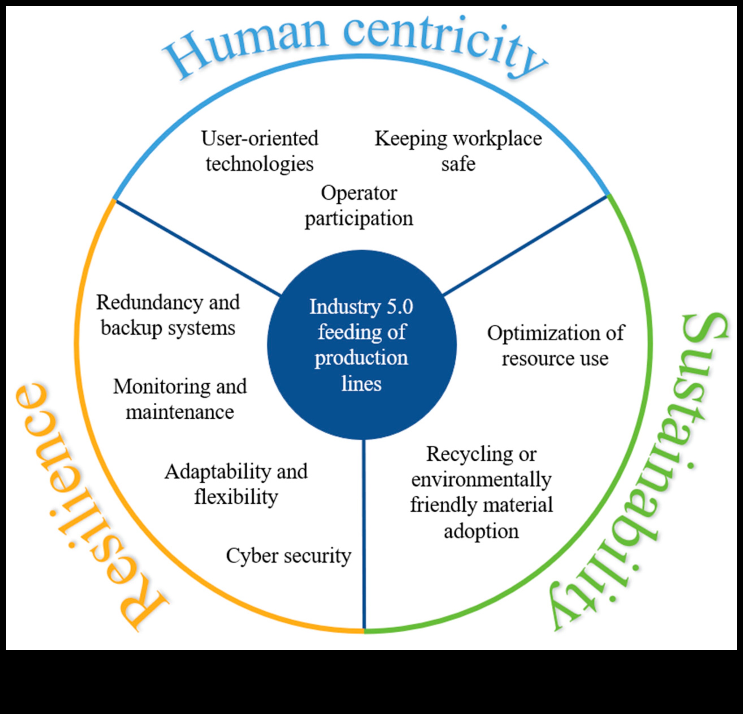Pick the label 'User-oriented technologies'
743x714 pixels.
pos(260,151)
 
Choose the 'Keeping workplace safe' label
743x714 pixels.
pos(458,151)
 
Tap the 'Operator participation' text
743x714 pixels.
pos(359,206)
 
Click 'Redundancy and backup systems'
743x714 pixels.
pos(168,315)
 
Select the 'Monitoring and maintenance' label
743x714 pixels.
pos(180,399)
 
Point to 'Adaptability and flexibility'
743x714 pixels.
pos(236,484)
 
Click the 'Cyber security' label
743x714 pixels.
pos(288,556)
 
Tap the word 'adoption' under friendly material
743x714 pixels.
pos(481,531)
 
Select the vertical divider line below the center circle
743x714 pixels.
pos(364,531)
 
